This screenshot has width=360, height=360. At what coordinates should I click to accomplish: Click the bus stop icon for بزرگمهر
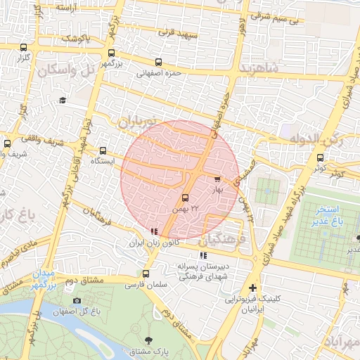tap(111, 53)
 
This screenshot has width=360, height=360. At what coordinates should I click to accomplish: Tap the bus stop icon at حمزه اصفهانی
tap(157, 62)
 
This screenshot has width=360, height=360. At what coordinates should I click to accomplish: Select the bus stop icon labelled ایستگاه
tap(103, 150)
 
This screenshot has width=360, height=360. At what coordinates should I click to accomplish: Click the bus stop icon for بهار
tap(217, 179)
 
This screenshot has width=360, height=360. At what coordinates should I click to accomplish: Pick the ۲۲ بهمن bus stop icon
tap(185, 198)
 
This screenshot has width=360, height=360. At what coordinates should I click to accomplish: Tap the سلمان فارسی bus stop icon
tap(146, 274)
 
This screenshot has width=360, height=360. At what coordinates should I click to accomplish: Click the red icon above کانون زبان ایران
tap(154, 232)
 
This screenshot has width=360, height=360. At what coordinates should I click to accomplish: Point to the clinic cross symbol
tap(252, 288)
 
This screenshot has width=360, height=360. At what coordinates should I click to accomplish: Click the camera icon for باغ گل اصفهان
tap(76, 301)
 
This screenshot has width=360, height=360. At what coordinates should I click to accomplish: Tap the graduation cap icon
tap(63, 101)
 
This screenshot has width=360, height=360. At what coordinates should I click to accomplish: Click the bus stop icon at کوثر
tap(321, 157)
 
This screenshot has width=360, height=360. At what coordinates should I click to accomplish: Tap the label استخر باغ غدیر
tap(328, 215)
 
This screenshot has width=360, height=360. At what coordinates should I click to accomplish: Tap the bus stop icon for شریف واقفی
tap(7, 144)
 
